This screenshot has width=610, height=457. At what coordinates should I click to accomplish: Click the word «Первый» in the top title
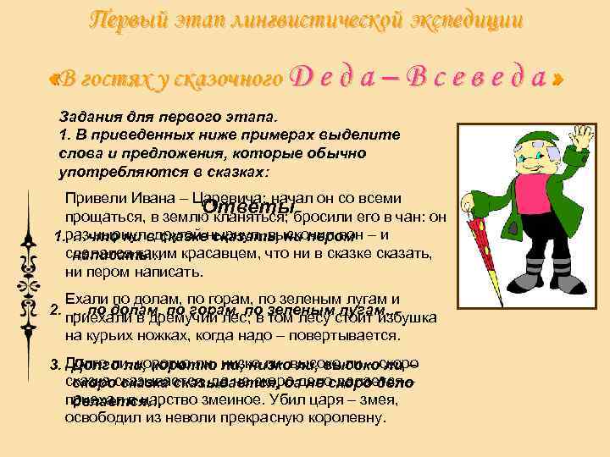pos(119,19)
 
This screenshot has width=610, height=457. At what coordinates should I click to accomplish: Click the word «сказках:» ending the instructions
pos(240,172)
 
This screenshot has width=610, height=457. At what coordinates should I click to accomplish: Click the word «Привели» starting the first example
pos(91,199)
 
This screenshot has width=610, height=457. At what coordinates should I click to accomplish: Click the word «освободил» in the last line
pos(97,418)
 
